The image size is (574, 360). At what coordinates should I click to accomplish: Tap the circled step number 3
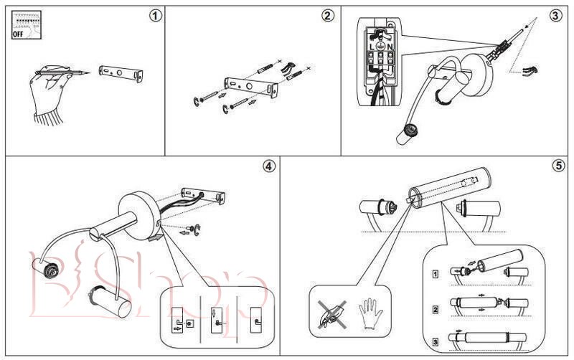555,15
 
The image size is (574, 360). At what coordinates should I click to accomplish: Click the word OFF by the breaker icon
19,33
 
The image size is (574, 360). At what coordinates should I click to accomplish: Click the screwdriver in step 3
502,44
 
